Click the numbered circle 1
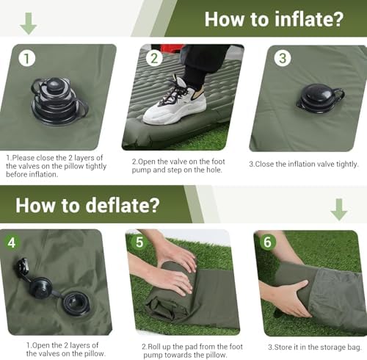click(x=27, y=58)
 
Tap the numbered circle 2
click(x=155, y=58)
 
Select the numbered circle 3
click(x=283, y=58)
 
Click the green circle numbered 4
click(x=12, y=242)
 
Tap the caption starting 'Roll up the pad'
click(x=183, y=350)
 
